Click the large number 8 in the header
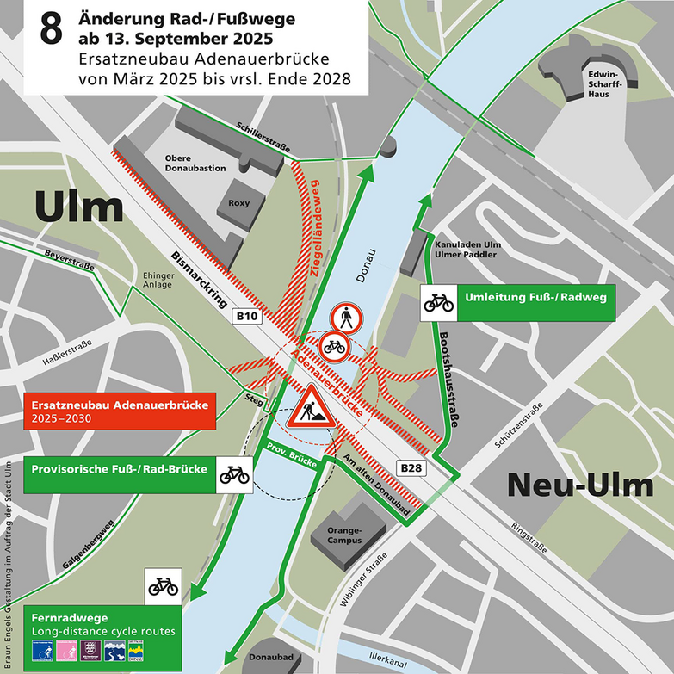click(50, 31)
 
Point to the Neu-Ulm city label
click(579, 485)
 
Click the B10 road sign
click(247, 317)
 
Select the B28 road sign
click(411, 467)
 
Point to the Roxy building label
click(239, 203)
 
